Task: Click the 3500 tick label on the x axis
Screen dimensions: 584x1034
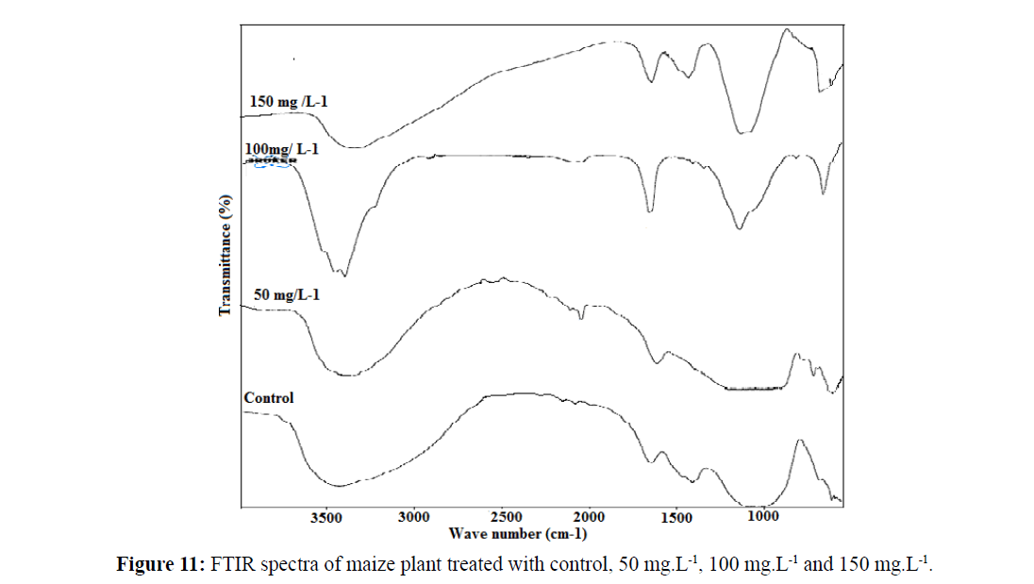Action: click(x=325, y=517)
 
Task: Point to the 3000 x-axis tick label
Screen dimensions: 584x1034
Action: click(x=414, y=517)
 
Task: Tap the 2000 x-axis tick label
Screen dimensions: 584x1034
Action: click(x=590, y=517)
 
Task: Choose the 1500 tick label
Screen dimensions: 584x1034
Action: click(x=676, y=517)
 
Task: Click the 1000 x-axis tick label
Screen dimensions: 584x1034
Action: click(x=762, y=517)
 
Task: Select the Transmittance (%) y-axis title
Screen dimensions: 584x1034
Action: click(x=225, y=255)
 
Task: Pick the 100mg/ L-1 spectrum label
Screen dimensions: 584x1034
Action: click(x=287, y=150)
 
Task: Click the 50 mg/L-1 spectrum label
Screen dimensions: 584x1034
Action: click(x=288, y=295)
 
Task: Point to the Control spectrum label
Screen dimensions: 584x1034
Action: click(x=269, y=397)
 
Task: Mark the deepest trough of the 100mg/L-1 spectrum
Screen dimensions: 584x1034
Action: click(x=346, y=275)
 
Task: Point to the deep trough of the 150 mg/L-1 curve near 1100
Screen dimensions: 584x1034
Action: click(x=743, y=133)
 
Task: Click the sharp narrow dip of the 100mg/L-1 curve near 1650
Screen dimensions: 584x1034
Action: click(x=650, y=211)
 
